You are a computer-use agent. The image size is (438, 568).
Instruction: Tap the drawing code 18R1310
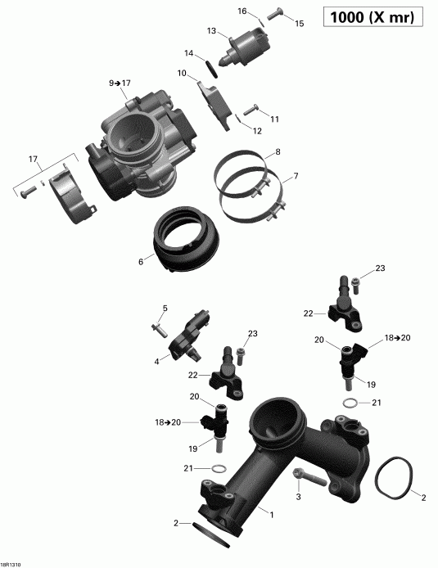pyautogui.click(x=12, y=563)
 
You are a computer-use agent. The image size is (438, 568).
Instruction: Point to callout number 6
pyautogui.click(x=141, y=262)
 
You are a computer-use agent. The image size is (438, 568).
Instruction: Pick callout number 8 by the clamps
pyautogui.click(x=278, y=152)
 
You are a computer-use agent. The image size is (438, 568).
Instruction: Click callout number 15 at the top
pyautogui.click(x=299, y=25)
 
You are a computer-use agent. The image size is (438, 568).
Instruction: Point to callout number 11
pyautogui.click(x=274, y=119)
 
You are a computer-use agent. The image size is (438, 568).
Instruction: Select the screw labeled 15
pyautogui.click(x=275, y=11)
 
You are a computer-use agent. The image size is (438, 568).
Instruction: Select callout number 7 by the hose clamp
pyautogui.click(x=296, y=176)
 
